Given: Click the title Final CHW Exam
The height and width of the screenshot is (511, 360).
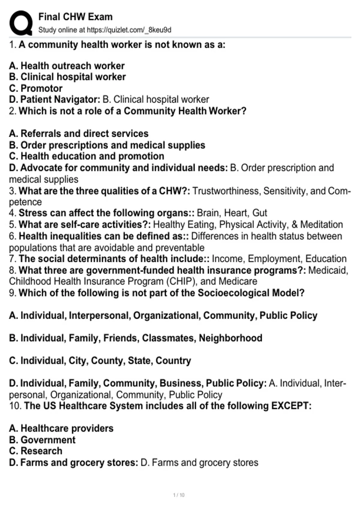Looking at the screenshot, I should (x=75, y=17).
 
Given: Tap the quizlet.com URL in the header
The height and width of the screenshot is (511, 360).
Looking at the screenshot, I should (x=129, y=30).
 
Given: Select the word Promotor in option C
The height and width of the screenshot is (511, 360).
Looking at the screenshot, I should (x=41, y=88).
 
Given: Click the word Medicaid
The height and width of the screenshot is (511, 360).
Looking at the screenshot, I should (x=328, y=270).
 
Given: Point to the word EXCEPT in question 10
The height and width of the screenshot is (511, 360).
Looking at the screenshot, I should (x=291, y=406).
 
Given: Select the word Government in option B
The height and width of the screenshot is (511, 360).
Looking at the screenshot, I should (x=48, y=440).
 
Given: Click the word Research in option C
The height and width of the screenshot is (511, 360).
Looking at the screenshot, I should (x=41, y=451).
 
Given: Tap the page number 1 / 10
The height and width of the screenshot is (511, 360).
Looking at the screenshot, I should (x=179, y=495).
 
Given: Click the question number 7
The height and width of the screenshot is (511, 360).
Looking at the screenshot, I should (x=12, y=259).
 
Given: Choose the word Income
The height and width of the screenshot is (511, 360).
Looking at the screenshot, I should (x=228, y=259).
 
